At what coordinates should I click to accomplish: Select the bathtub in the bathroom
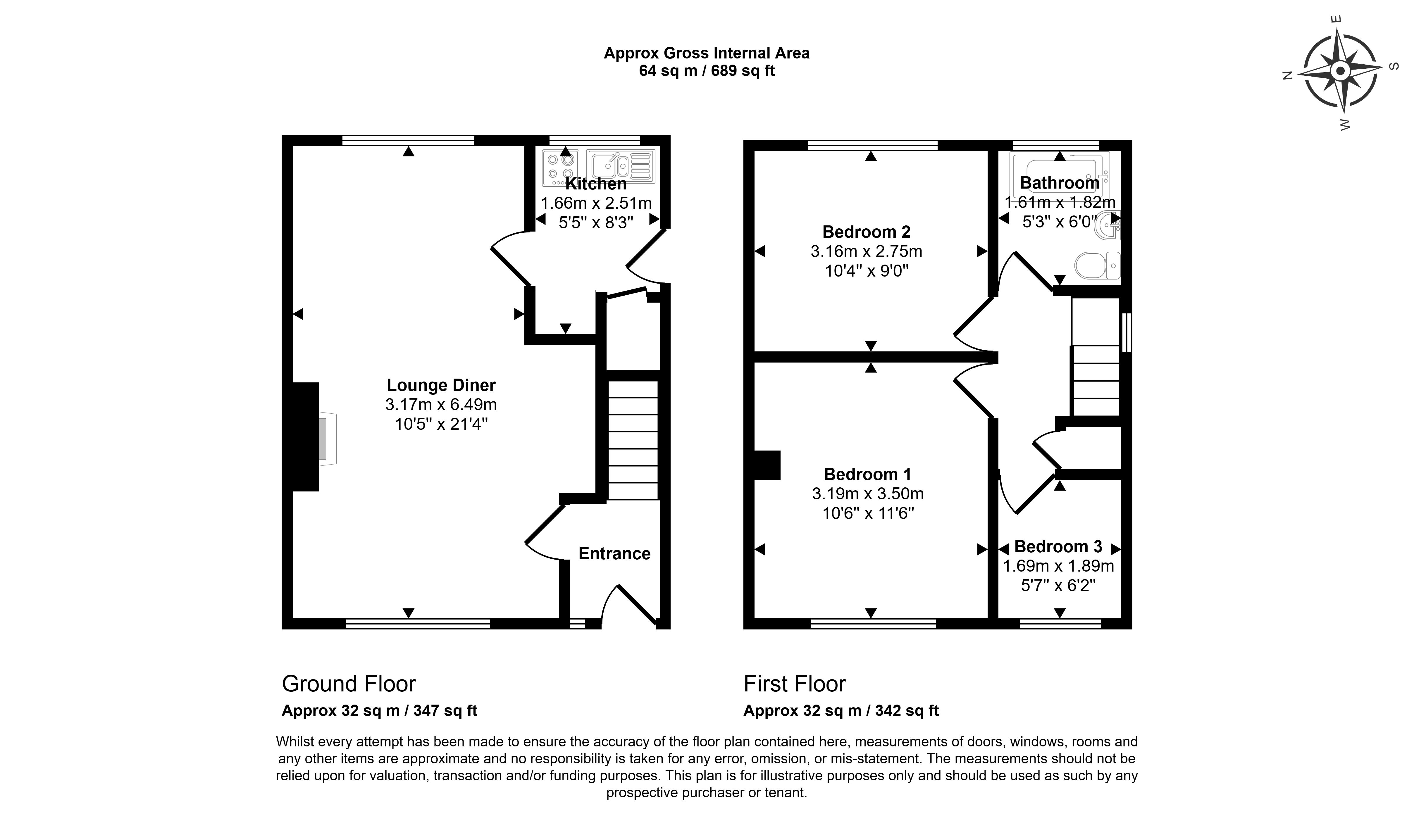point(1059,171)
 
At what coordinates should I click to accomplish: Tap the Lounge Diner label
point(441,385)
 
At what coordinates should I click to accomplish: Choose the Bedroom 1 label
point(867,475)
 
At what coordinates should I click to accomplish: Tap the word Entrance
point(614,554)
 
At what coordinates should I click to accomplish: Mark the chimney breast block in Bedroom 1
point(767,465)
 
